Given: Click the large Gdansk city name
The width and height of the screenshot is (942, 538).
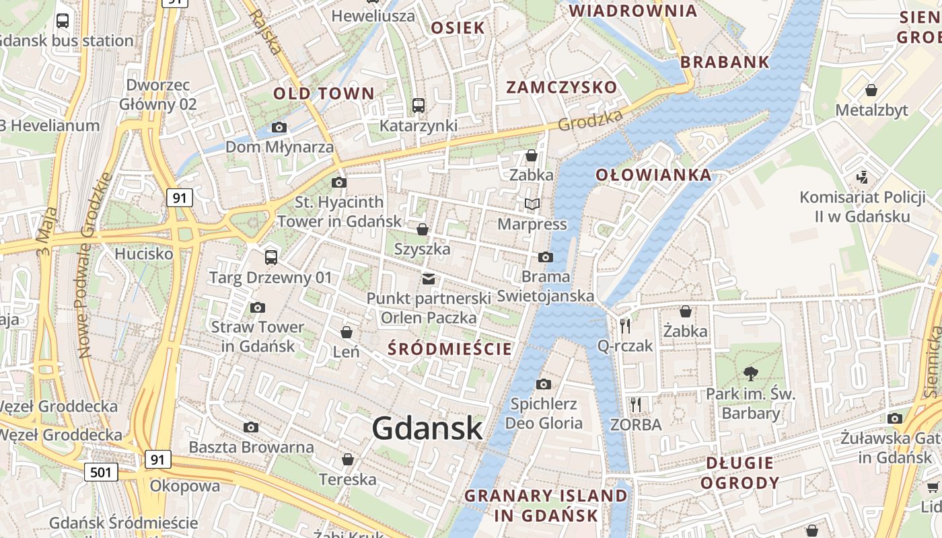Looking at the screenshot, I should (427, 428).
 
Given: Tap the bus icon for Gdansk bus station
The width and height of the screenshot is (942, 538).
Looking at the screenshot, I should (63, 20).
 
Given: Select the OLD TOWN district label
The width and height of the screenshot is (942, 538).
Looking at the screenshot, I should (323, 93).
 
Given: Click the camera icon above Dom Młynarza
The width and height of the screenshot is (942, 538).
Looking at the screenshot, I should (279, 127).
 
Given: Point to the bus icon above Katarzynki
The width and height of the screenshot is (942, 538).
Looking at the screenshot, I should (419, 106).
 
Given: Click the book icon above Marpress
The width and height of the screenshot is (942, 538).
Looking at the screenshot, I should (532, 204).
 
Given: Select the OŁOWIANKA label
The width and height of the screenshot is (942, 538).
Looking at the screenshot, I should (653, 175).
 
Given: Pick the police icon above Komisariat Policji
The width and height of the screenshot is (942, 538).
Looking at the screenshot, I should (862, 178).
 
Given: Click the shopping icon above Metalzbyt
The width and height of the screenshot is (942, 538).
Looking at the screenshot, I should (871, 90).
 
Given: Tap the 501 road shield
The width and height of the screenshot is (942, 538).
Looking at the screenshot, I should (101, 472).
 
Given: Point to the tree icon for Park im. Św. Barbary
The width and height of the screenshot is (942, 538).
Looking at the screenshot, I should (750, 373).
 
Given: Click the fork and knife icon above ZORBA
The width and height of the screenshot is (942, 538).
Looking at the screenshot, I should (636, 404).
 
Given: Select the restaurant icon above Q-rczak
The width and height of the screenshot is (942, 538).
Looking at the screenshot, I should (625, 325).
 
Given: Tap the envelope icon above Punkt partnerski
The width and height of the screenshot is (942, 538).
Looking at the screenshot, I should (429, 279).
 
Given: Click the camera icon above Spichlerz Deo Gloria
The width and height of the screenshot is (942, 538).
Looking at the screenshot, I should (543, 384).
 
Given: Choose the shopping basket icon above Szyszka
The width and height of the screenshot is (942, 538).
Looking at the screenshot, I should (422, 230).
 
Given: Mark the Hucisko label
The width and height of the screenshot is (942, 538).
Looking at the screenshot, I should (143, 254).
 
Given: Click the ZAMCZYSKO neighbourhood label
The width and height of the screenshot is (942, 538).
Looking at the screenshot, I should (561, 87).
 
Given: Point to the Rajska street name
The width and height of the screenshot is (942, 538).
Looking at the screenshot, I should (265, 32).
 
